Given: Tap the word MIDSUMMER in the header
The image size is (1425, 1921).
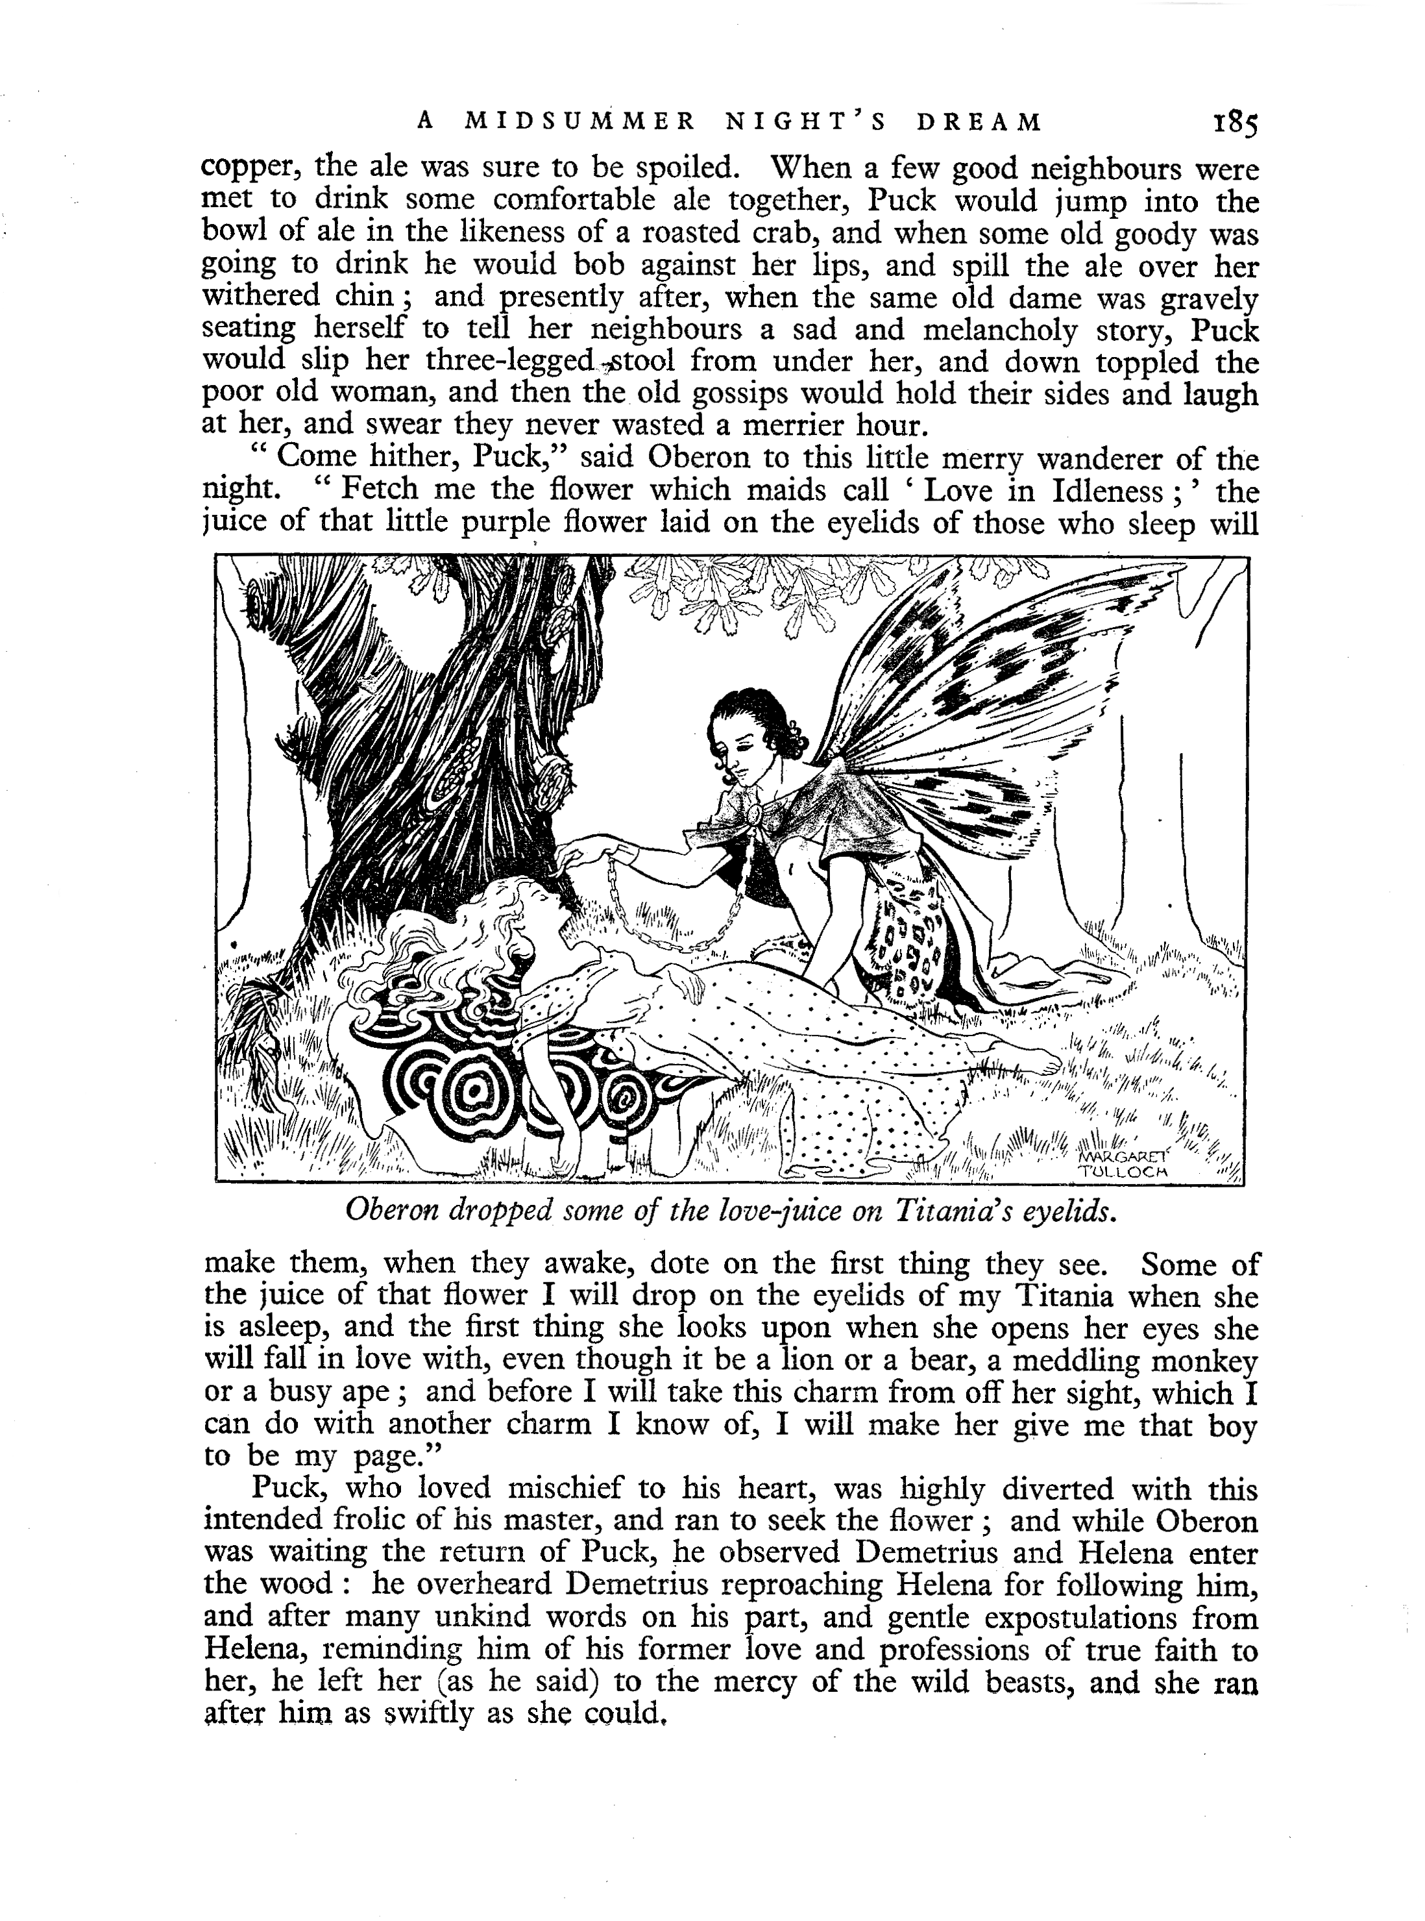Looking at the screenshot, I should click(x=579, y=123).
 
